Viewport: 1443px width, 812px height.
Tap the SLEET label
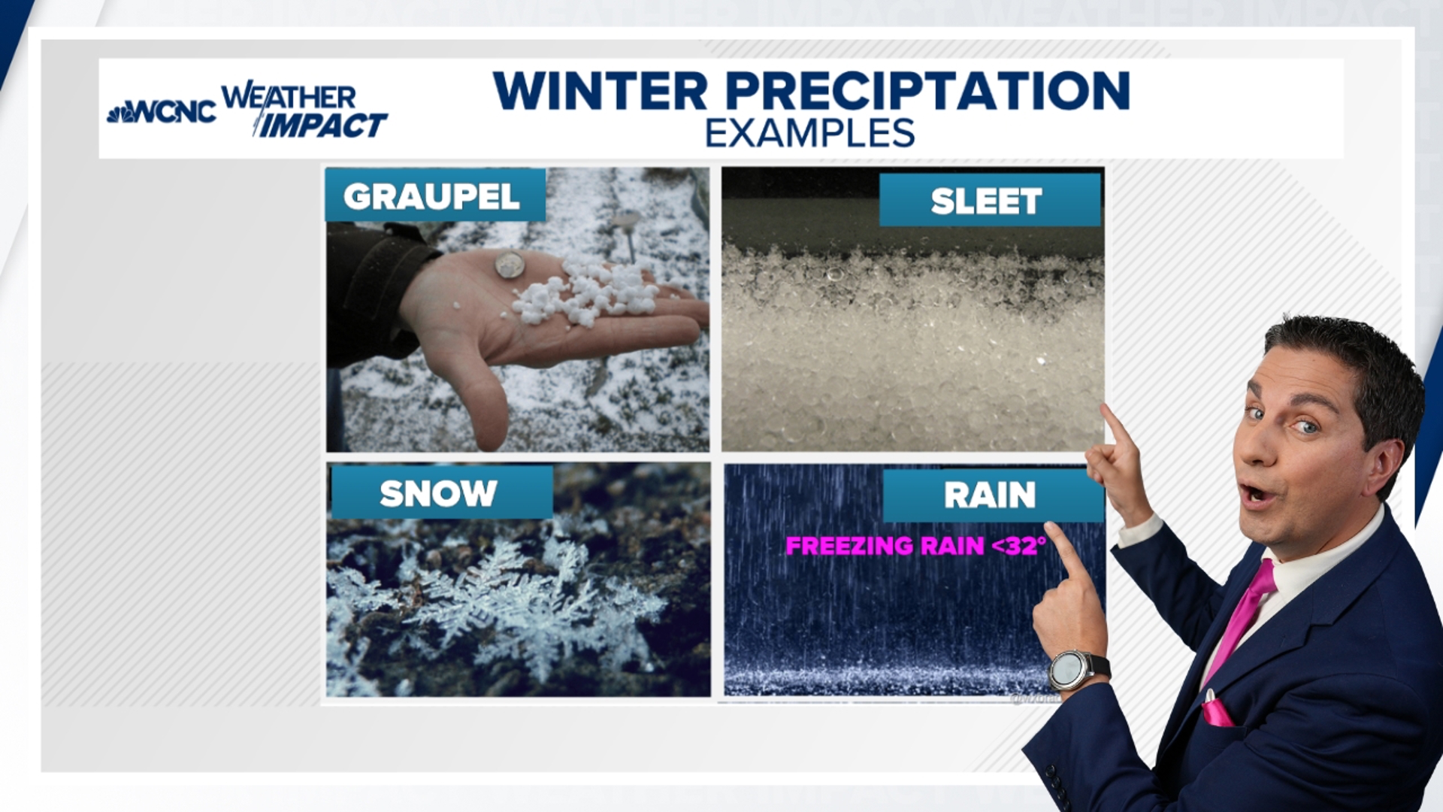click(988, 201)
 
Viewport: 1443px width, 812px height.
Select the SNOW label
click(439, 493)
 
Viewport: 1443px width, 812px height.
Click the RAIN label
click(990, 495)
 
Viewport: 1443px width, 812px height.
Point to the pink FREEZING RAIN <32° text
click(915, 545)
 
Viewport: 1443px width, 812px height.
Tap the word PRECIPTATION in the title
click(927, 91)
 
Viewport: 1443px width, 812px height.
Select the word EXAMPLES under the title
click(809, 134)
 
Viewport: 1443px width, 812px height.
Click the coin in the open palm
click(510, 265)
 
